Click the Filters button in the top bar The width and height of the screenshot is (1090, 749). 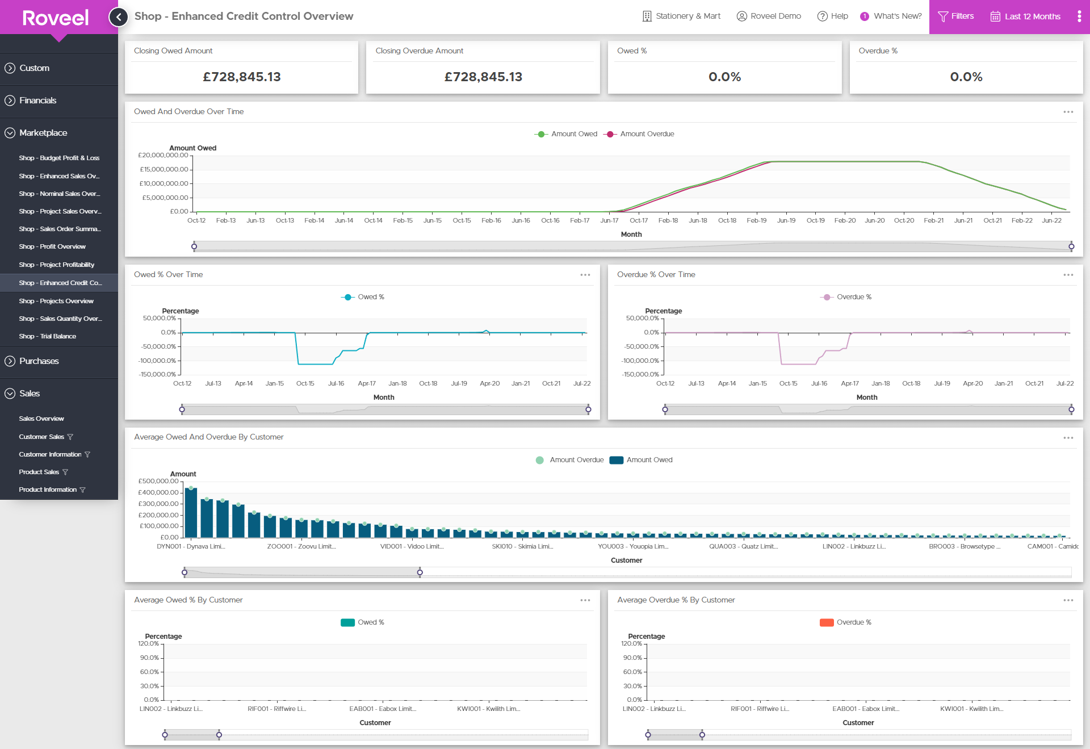pyautogui.click(x=956, y=16)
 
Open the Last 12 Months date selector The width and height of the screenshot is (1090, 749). pyautogui.click(x=1026, y=16)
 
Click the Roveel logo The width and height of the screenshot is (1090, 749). pyautogui.click(x=56, y=18)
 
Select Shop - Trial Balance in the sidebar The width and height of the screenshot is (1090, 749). pyautogui.click(x=47, y=336)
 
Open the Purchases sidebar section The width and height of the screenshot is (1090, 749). pyautogui.click(x=39, y=361)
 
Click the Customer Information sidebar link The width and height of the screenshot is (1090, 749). pyautogui.click(x=50, y=454)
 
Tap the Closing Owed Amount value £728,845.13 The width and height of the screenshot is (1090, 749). pyautogui.click(x=242, y=77)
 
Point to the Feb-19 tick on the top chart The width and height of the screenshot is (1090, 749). pyautogui.click(x=756, y=220)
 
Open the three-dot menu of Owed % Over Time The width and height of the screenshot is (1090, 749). pyautogui.click(x=585, y=275)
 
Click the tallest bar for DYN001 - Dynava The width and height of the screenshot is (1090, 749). pyautogui.click(x=191, y=512)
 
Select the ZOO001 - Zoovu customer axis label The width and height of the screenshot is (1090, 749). pyautogui.click(x=301, y=546)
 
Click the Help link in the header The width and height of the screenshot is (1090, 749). pyautogui.click(x=833, y=16)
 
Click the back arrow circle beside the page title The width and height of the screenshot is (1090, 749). pyautogui.click(x=118, y=16)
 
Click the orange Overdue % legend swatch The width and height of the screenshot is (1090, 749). pyautogui.click(x=827, y=622)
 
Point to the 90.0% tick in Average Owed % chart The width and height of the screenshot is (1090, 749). pyautogui.click(x=150, y=658)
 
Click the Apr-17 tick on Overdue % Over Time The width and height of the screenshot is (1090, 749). pyautogui.click(x=849, y=383)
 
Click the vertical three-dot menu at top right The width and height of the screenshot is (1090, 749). pyautogui.click(x=1079, y=16)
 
